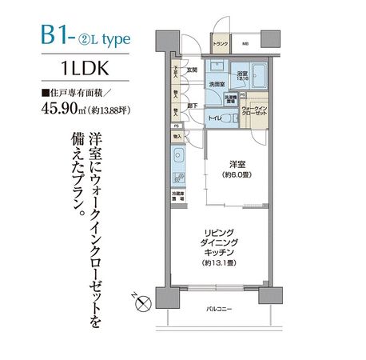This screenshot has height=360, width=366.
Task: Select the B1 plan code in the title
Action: pyautogui.click(x=58, y=37)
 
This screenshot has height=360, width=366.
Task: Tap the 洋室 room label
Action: pyautogui.click(x=233, y=166)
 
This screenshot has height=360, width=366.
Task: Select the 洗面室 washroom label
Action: pyautogui.click(x=215, y=84)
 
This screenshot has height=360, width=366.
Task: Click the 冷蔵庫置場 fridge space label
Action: pyautogui.click(x=176, y=194)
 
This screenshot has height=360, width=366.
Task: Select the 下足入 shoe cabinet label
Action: pyautogui.click(x=174, y=78)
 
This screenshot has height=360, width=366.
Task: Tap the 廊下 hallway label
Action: pyautogui.click(x=193, y=104)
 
